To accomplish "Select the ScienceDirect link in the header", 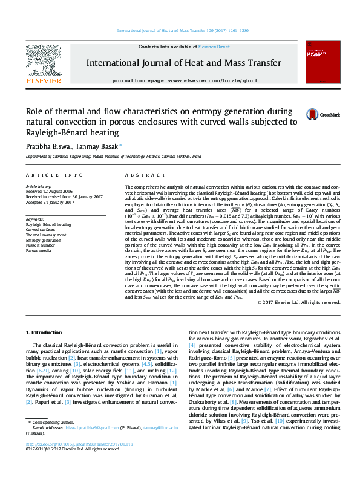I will pyautogui.click(x=214, y=47).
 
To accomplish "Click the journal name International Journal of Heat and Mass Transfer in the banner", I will pyautogui.click(x=183, y=63).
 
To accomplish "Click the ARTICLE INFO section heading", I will pyautogui.click(x=54, y=175).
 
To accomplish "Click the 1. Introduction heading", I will pyautogui.click(x=47, y=333).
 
